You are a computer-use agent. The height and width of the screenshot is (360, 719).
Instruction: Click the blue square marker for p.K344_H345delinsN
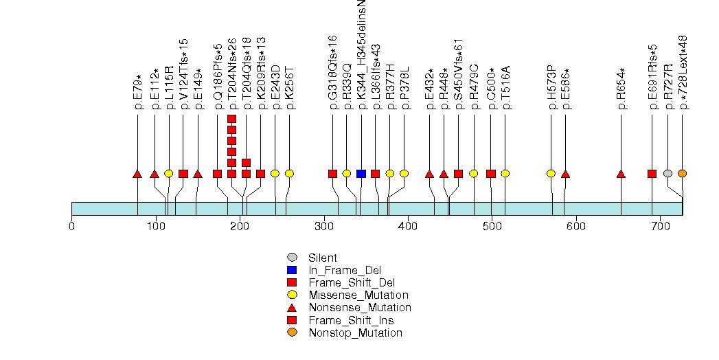coord(361,173)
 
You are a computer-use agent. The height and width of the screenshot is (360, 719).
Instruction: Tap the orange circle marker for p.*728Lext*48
coord(682,173)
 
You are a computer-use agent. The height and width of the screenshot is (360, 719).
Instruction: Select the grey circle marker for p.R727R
coord(667,173)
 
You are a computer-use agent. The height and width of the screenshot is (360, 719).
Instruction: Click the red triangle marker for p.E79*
coord(137,174)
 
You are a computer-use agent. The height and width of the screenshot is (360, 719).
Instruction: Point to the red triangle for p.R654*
coord(621,174)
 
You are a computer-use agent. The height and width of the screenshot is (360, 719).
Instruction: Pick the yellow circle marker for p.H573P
coord(551,173)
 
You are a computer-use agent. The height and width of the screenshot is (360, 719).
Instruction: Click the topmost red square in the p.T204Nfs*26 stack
coord(231,119)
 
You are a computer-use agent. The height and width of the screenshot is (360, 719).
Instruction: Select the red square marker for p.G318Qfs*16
coord(332,173)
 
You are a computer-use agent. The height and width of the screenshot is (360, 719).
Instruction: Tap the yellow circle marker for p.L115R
coord(169,173)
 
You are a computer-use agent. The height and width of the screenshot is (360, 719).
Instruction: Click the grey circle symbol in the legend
coord(292,258)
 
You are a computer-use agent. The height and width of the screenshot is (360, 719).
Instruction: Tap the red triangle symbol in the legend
coord(292,307)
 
